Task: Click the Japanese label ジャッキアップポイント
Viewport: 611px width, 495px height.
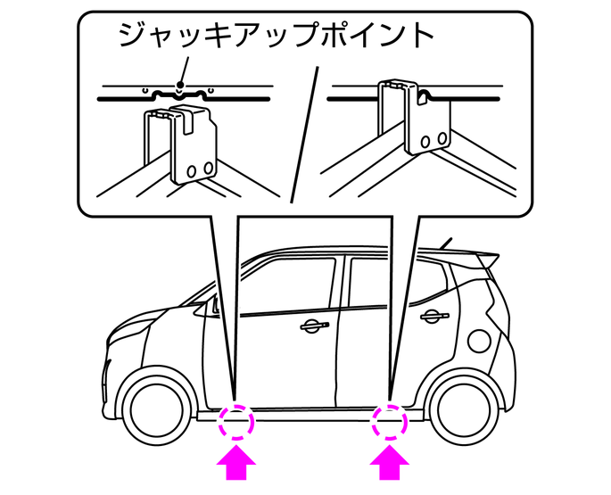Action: click(276, 36)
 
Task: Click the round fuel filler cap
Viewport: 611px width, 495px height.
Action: click(479, 340)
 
